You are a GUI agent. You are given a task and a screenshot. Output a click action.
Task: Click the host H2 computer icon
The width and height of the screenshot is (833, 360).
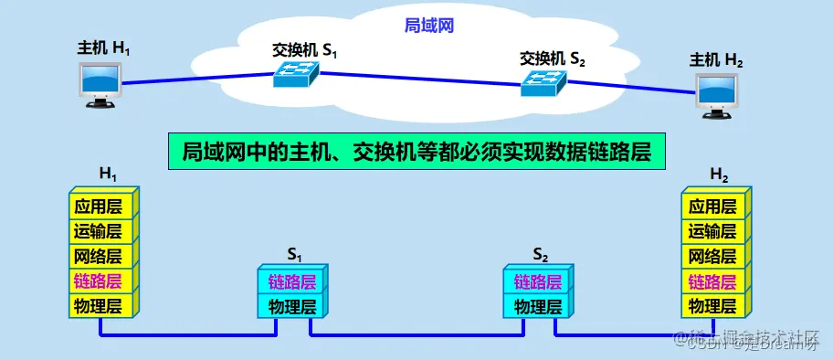(x=717, y=94)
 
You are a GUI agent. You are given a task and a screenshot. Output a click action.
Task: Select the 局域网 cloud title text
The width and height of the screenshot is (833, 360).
(x=429, y=26)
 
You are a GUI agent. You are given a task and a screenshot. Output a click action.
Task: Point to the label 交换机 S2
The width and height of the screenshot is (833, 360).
(x=552, y=59)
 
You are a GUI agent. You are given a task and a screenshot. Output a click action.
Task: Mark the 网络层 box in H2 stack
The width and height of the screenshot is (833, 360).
(x=712, y=256)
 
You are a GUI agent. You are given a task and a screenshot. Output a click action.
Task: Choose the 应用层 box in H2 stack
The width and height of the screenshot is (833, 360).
(x=712, y=206)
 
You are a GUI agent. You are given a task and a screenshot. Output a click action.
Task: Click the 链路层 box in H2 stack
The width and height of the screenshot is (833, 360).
(x=712, y=281)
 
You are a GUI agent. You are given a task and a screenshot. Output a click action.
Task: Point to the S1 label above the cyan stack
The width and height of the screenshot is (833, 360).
(x=294, y=252)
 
